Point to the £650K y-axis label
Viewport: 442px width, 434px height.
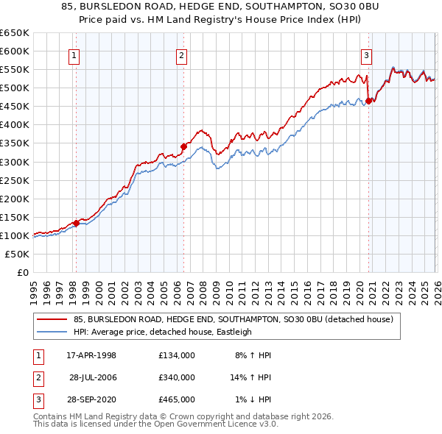tap(15, 33)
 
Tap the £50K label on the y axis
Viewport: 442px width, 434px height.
tap(17, 254)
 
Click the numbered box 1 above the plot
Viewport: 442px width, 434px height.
tap(75, 54)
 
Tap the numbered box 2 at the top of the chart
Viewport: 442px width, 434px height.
tap(181, 54)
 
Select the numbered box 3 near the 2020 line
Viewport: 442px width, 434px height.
tap(366, 54)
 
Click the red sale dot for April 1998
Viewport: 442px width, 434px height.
tap(76, 223)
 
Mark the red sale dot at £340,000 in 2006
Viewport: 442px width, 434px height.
tap(183, 146)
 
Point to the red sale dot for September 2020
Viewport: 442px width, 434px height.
tap(368, 101)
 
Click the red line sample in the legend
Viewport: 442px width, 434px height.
tap(52, 319)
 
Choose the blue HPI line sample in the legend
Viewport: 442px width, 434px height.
tap(52, 332)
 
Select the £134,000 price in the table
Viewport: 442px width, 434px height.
tap(177, 355)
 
